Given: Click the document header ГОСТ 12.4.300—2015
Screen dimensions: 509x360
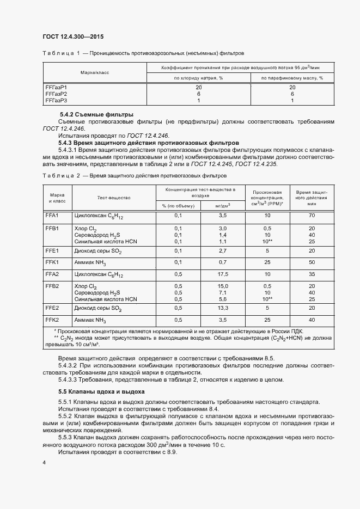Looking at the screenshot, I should pos(72,36).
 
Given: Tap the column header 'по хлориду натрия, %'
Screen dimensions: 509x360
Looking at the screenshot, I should pos(198,78).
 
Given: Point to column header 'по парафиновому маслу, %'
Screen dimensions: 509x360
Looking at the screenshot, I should pos(292,78).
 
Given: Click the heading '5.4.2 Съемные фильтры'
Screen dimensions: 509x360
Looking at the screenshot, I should pos(96,115).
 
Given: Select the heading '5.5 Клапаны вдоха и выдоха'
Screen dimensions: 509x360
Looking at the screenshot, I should pos(101,391).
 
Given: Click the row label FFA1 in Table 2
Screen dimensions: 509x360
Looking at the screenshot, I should pos(52,216).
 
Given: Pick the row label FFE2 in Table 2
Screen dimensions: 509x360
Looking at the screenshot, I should pos(52,308).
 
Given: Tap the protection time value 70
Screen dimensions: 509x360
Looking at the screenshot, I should pos(312,216).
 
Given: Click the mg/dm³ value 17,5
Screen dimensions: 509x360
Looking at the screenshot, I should pos(222,274).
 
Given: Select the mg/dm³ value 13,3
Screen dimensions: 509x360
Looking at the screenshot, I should pos(222,308).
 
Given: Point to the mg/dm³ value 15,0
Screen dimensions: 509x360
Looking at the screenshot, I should pos(222,286).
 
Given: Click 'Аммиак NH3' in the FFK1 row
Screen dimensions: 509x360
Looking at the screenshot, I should pos(90,262).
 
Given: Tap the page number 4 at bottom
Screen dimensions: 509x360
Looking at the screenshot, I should pos(44,462).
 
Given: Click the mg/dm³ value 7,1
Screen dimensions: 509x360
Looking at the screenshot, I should pos(222,292).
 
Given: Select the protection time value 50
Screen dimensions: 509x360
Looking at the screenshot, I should pos(312,262).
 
